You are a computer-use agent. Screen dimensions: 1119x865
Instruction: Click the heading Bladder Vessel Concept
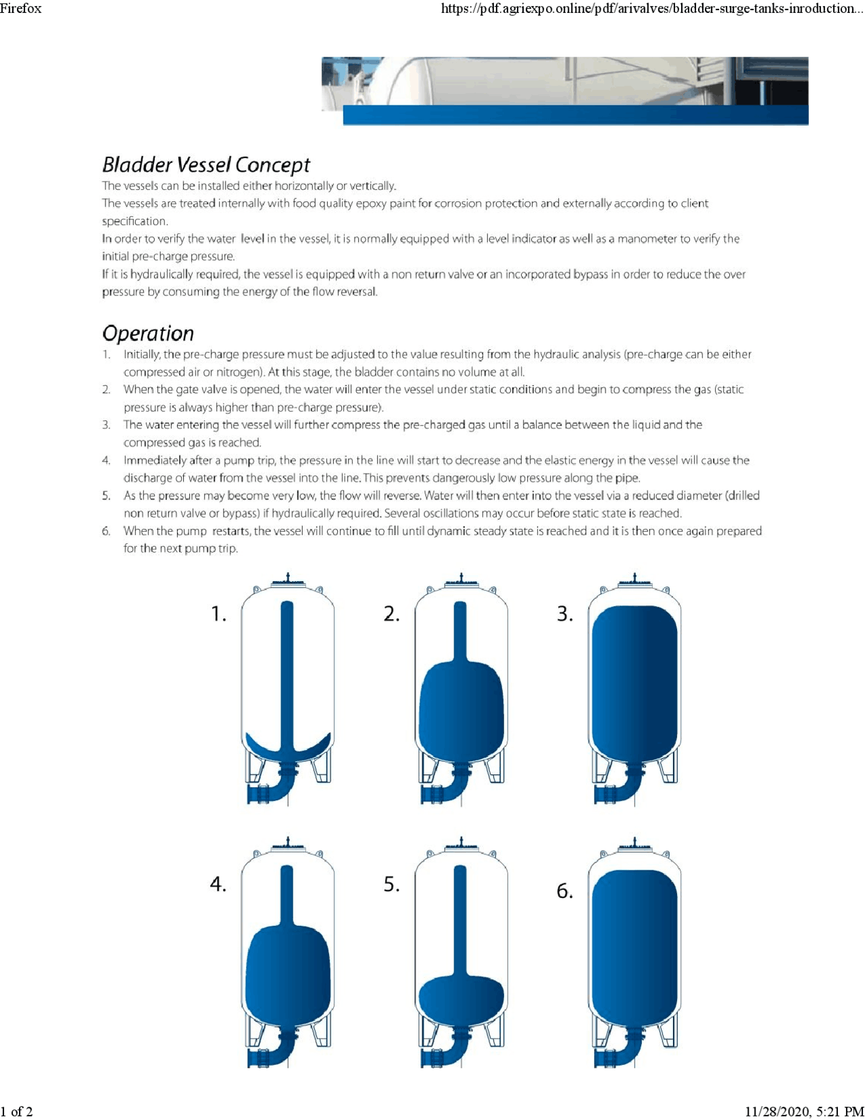(206, 165)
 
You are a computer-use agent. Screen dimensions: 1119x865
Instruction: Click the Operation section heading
(148, 333)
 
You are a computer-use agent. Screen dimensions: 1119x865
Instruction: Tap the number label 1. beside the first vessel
(218, 614)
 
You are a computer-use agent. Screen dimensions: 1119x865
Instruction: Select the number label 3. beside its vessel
(565, 614)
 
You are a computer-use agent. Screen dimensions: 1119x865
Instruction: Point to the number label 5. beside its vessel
(392, 884)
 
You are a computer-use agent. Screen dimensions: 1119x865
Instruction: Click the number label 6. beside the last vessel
(565, 891)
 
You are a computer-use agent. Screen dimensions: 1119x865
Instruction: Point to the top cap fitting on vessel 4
(288, 845)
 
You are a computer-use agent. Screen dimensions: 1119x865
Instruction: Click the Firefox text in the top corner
(21, 8)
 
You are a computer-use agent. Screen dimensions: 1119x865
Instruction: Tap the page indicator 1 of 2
(17, 1111)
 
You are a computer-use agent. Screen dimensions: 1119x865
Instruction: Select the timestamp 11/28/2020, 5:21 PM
(804, 1111)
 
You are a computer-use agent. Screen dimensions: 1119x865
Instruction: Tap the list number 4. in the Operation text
(106, 460)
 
